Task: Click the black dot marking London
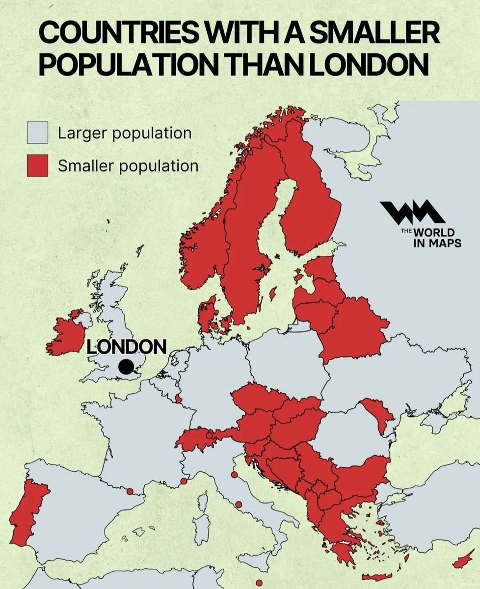[x=126, y=367]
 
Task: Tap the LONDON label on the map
[x=127, y=347]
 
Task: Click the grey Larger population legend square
[x=37, y=133]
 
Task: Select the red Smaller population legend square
[x=37, y=165]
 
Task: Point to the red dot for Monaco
[x=184, y=481]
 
